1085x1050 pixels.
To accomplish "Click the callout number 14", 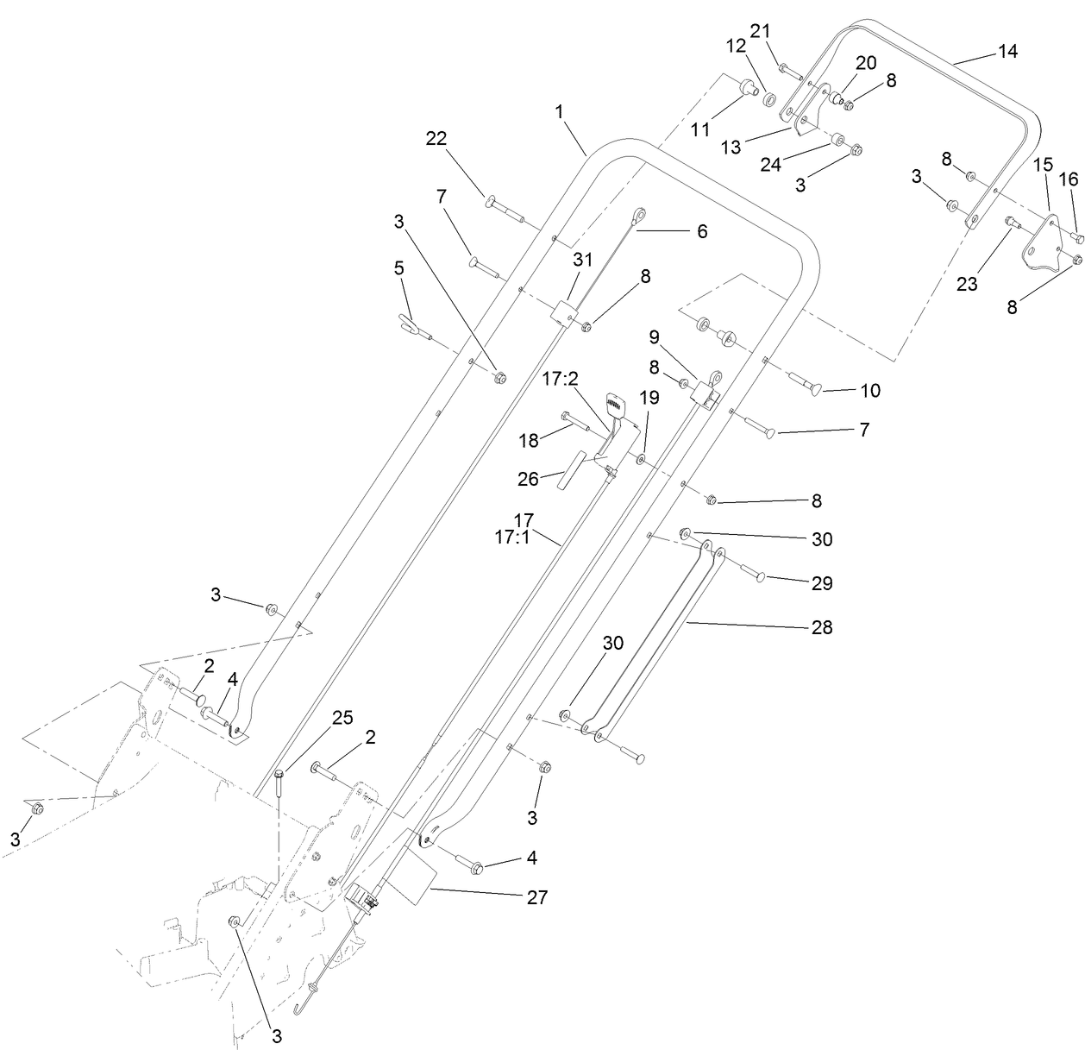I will click(x=1007, y=52).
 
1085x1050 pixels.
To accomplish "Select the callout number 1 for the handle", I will click(x=560, y=111).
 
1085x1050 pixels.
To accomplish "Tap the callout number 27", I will click(x=536, y=897).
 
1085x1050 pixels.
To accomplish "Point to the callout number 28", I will click(x=822, y=627).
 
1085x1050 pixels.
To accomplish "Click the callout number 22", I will click(x=437, y=138).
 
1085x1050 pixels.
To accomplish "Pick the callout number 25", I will click(x=342, y=718).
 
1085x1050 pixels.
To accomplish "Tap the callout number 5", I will click(x=398, y=268).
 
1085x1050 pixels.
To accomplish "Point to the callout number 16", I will click(x=1069, y=179).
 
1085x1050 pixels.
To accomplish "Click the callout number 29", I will click(x=822, y=583).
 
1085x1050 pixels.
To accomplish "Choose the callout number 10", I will click(x=870, y=391).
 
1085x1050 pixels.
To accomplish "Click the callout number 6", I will click(x=701, y=231).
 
